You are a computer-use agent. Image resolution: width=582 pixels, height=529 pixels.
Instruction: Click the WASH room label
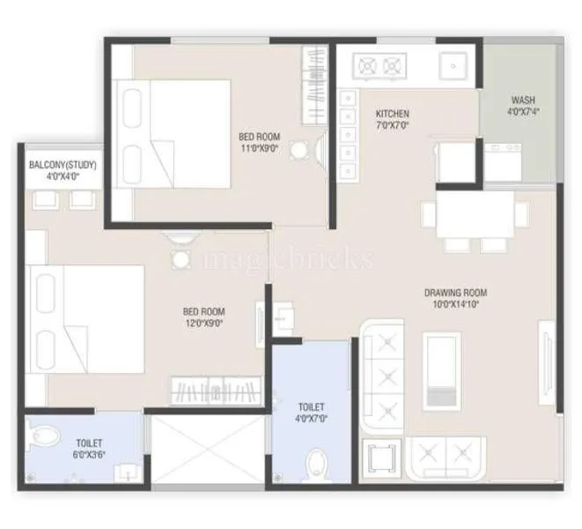(522, 101)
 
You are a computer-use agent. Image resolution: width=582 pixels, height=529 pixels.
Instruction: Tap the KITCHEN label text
(393, 115)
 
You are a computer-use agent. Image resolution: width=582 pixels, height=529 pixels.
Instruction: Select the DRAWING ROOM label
(455, 293)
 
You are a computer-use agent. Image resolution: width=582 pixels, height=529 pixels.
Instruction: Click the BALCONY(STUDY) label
(63, 165)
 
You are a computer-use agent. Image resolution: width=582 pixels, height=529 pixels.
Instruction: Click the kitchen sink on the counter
(454, 64)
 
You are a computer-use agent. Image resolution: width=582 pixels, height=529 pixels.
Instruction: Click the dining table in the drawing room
(475, 213)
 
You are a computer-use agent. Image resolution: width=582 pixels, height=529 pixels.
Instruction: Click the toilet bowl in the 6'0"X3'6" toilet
(41, 437)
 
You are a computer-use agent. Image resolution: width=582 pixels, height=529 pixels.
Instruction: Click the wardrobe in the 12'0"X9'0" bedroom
(216, 391)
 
